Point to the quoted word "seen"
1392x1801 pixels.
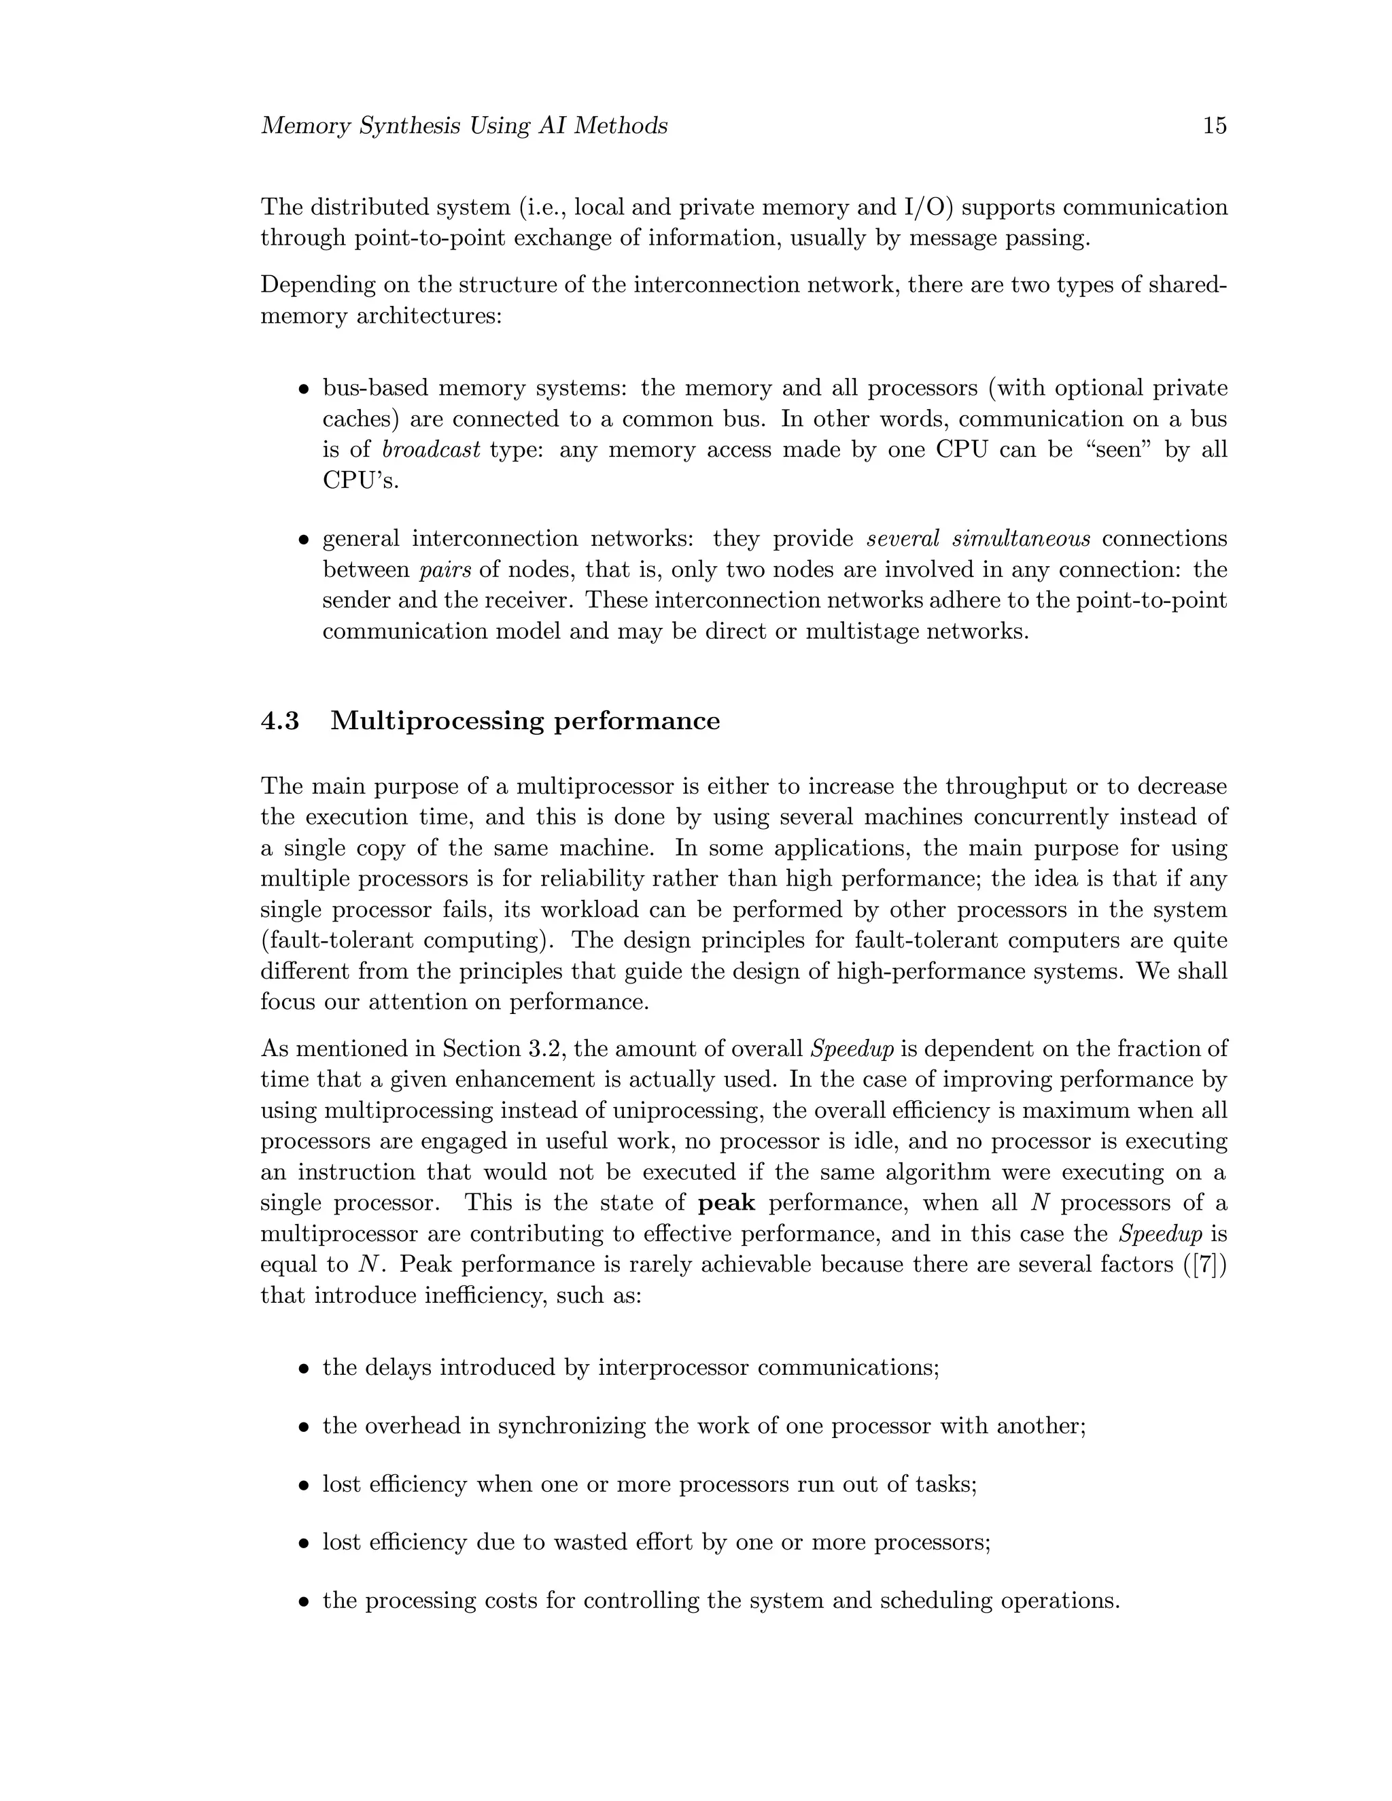click(x=1118, y=449)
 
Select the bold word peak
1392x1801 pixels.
click(x=727, y=1203)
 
